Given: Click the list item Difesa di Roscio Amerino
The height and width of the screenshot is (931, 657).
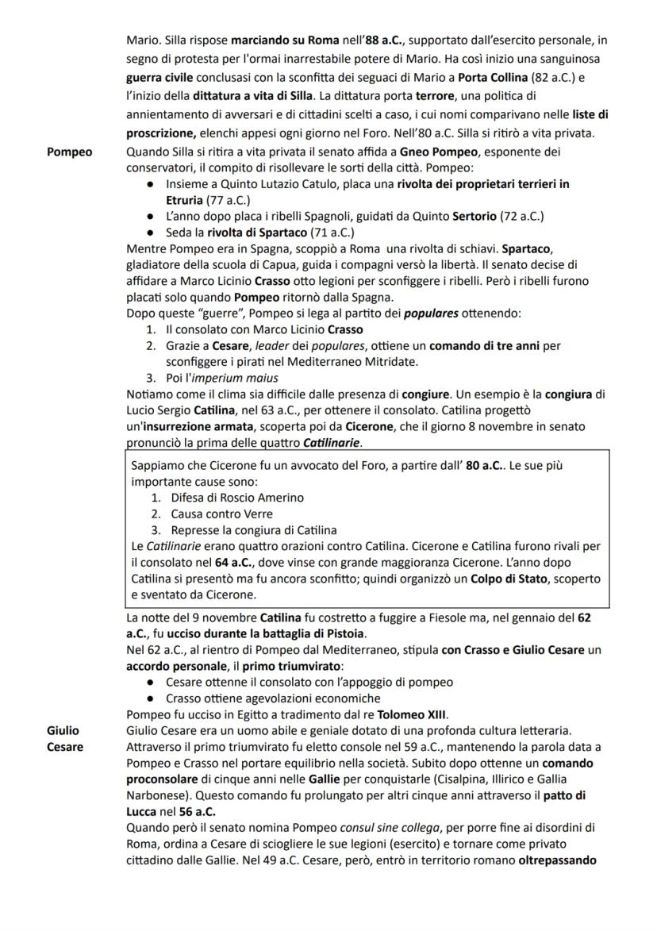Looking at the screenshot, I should (x=237, y=498).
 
